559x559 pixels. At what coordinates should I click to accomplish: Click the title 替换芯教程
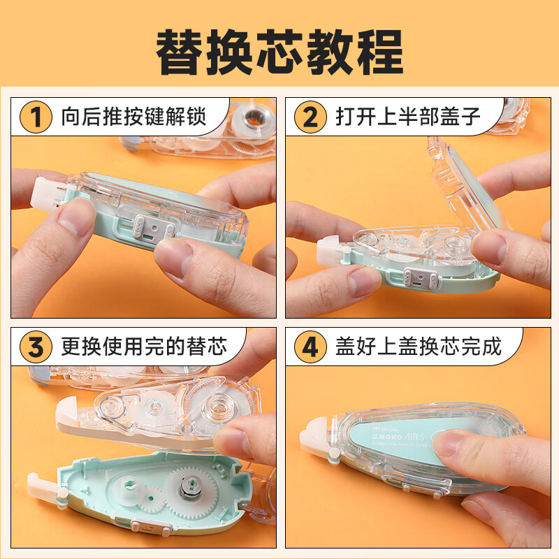point(279,50)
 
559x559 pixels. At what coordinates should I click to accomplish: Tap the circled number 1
point(35,116)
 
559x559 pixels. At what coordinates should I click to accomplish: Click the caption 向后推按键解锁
point(133,116)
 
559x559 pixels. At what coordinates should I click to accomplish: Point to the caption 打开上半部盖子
point(408,116)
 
